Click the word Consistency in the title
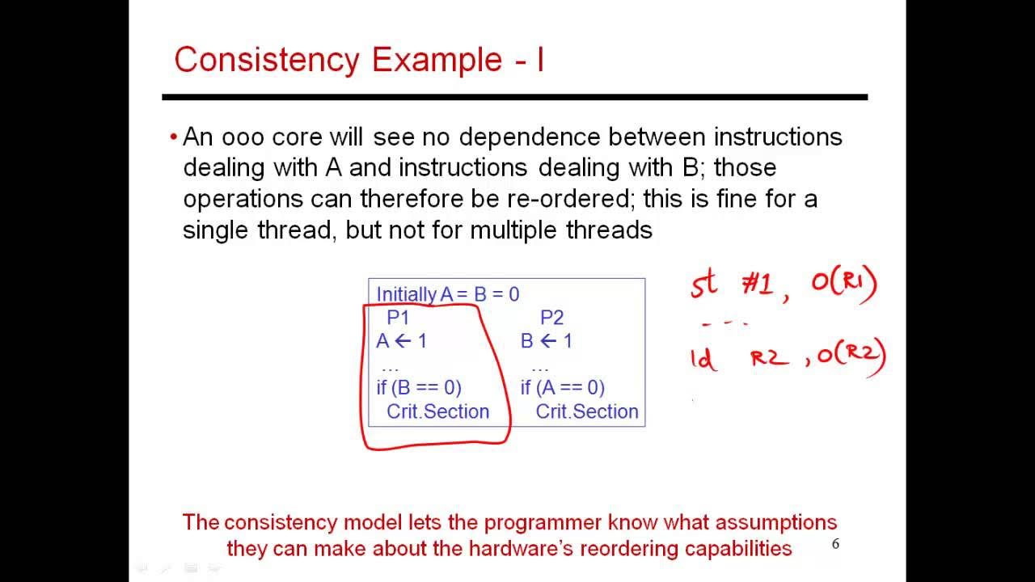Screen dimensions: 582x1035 coord(266,60)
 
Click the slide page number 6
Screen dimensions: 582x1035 coord(835,544)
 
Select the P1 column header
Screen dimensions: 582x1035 coord(398,318)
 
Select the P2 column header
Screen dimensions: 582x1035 coord(551,318)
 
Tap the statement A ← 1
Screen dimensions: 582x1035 coord(402,341)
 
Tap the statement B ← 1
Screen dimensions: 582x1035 coord(547,341)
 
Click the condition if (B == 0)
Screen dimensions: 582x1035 coord(419,388)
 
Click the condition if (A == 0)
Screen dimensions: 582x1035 coord(563,388)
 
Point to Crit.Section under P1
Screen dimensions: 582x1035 coord(437,411)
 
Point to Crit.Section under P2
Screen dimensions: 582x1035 coord(587,411)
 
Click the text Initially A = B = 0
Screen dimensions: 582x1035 coord(448,294)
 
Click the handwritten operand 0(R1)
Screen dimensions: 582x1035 coord(843,285)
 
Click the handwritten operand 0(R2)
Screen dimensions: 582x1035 coord(851,356)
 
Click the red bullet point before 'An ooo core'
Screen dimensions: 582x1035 coord(173,137)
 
